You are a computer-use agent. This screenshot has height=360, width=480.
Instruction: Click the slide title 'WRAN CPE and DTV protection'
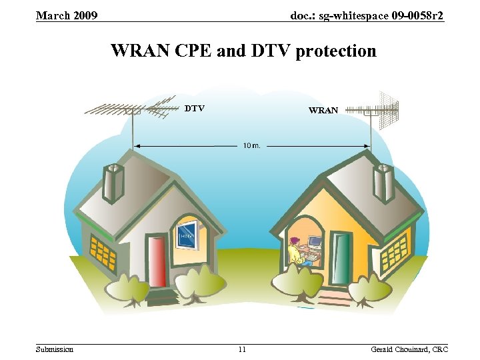(243, 51)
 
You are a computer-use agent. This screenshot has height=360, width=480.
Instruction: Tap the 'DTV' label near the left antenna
(194, 108)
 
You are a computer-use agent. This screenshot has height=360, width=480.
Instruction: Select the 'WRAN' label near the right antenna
(323, 110)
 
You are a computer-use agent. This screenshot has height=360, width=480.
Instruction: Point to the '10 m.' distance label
(251, 145)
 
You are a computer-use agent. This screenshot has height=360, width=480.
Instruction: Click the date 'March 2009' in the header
(67, 15)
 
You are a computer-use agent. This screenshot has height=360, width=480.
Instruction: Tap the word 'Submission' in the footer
(55, 349)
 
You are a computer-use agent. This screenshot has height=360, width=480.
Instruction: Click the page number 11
(241, 349)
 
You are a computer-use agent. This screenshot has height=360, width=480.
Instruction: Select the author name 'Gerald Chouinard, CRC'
(409, 349)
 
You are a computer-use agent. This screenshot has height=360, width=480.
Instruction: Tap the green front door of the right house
(341, 260)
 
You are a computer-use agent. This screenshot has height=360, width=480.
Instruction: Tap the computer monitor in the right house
(314, 241)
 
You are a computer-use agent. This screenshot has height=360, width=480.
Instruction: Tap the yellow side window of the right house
(398, 251)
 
